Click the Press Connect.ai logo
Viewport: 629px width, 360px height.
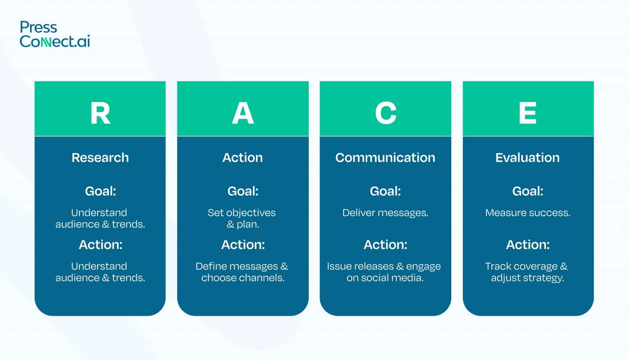[x=55, y=34]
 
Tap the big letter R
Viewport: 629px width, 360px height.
[x=100, y=113]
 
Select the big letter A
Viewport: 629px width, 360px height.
[x=243, y=113]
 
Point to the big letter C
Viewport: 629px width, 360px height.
[x=386, y=113]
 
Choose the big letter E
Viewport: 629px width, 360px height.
[x=528, y=113]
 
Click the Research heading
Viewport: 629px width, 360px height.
[x=100, y=158]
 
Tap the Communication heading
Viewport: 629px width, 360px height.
[x=385, y=158]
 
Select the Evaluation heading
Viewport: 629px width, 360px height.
[x=527, y=158]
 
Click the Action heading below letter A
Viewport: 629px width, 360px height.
[x=242, y=158]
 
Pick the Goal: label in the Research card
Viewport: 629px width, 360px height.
[x=100, y=191]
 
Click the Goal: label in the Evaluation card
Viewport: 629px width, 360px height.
[x=528, y=191]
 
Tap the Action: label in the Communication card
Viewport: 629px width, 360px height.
[x=385, y=245]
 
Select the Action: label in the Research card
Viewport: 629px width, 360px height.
[x=101, y=245]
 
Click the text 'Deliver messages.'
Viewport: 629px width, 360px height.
[x=385, y=213]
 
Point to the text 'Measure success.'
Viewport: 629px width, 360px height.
[x=528, y=213]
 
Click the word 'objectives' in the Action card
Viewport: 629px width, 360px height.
[x=251, y=213]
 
